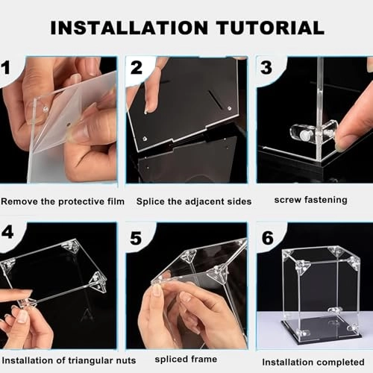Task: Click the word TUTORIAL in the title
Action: click(270, 28)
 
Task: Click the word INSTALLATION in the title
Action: click(129, 28)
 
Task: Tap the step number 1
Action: click(6, 68)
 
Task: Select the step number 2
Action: click(137, 68)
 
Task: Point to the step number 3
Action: click(266, 68)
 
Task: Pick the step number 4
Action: click(7, 232)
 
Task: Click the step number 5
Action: click(136, 238)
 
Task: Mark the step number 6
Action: click(268, 238)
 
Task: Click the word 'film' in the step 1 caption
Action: click(116, 201)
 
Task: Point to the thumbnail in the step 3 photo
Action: click(340, 146)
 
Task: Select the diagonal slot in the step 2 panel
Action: click(216, 99)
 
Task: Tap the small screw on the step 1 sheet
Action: click(46, 109)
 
